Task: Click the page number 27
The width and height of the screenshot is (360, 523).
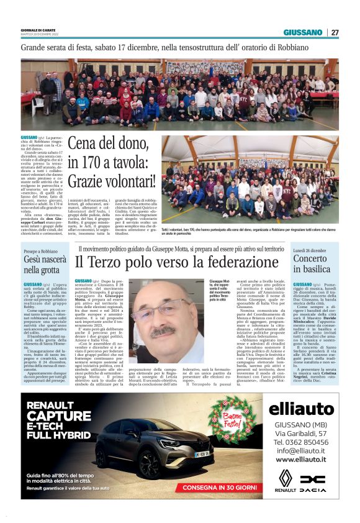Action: (335, 32)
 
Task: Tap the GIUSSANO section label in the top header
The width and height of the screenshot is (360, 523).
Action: (303, 32)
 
